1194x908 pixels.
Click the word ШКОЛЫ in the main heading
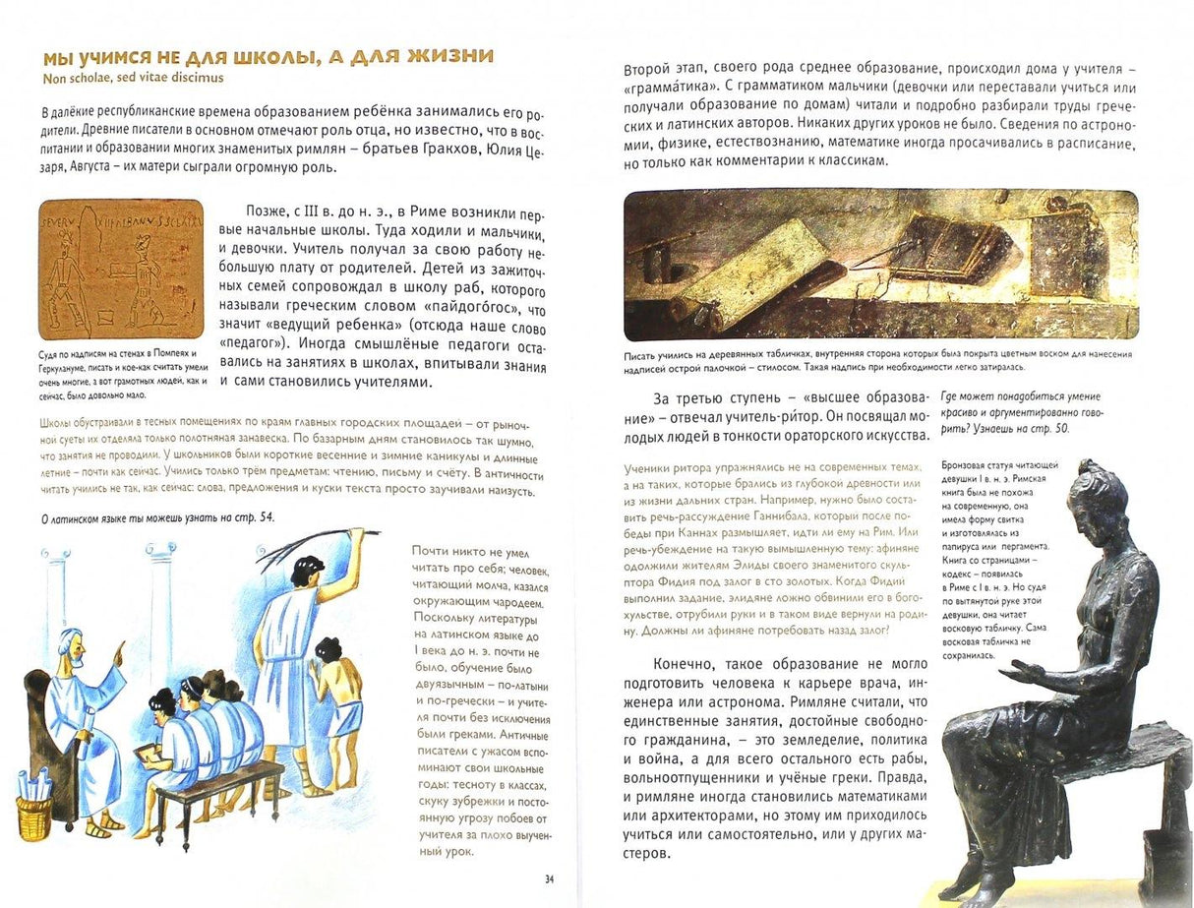click(x=269, y=56)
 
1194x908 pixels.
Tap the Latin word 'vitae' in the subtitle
click(x=150, y=78)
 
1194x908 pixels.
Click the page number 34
click(x=549, y=878)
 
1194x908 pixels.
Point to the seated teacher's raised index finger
click(x=121, y=648)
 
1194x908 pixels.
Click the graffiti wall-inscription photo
click(x=120, y=269)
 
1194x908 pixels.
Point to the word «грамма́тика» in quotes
click(x=672, y=87)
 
